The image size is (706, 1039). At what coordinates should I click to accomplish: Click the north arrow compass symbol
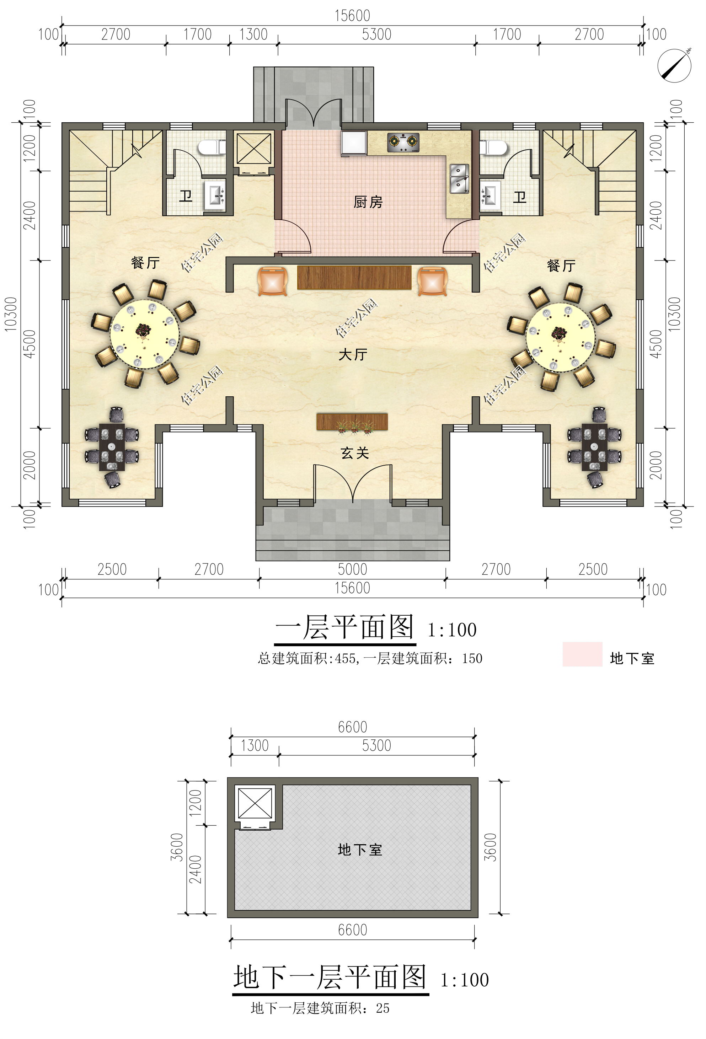pyautogui.click(x=674, y=66)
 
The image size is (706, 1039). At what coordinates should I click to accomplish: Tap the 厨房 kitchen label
pyautogui.click(x=368, y=202)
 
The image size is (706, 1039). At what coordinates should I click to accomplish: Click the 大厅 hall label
pyautogui.click(x=353, y=354)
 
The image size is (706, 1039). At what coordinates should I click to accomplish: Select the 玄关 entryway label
pyautogui.click(x=354, y=453)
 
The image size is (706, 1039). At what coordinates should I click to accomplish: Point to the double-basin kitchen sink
pyautogui.click(x=459, y=178)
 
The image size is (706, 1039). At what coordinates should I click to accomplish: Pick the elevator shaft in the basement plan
pyautogui.click(x=255, y=803)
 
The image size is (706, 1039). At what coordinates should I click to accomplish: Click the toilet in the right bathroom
pyautogui.click(x=493, y=147)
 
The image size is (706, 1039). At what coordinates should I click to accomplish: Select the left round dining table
pyautogui.click(x=144, y=334)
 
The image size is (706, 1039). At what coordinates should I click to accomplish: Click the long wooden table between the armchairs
pyautogui.click(x=354, y=278)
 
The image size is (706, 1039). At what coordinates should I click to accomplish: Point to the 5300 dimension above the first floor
pyautogui.click(x=376, y=34)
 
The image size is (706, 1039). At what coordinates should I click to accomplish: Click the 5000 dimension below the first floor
pyautogui.click(x=352, y=569)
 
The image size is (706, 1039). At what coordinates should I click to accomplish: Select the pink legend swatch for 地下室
pyautogui.click(x=582, y=654)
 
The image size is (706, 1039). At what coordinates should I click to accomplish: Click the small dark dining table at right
pyautogui.click(x=594, y=448)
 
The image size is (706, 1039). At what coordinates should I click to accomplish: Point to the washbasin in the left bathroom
pyautogui.click(x=215, y=196)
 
